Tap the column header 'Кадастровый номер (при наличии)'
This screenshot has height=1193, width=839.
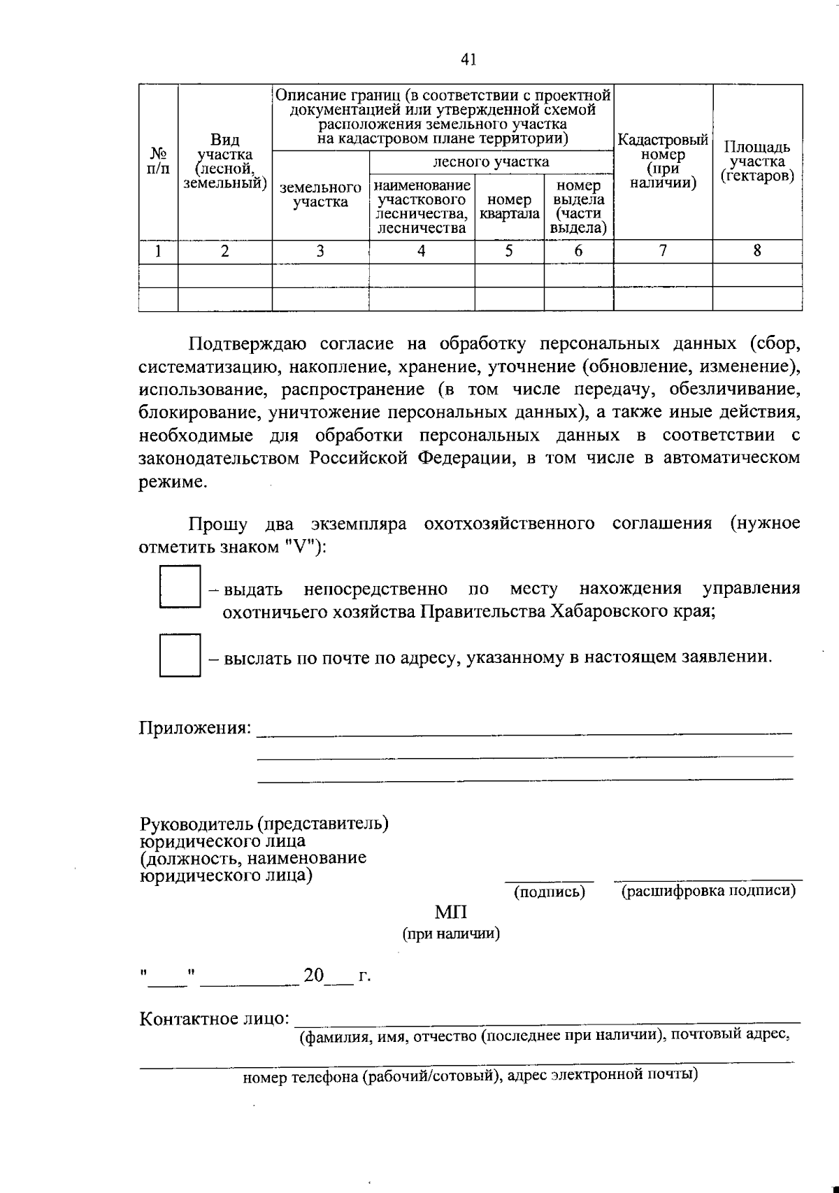(x=663, y=162)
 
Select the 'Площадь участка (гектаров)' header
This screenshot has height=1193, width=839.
(x=757, y=162)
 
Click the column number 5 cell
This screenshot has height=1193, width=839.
(x=509, y=251)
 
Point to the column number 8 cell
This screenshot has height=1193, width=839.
(x=757, y=251)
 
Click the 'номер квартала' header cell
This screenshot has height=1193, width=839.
(x=509, y=206)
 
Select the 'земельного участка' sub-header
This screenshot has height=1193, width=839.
(x=320, y=195)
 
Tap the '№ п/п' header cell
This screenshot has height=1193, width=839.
(x=158, y=162)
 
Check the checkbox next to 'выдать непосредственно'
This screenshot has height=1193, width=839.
(x=180, y=587)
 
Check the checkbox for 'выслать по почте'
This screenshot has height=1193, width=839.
(x=180, y=655)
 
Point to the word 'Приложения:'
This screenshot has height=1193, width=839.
(x=195, y=727)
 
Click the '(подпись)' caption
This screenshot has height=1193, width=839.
(x=550, y=892)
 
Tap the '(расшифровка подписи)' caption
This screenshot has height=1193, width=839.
(x=708, y=891)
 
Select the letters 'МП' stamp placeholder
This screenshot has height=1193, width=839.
(x=451, y=912)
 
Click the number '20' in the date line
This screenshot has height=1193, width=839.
(x=313, y=975)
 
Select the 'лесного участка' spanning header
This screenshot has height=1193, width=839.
(x=491, y=162)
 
